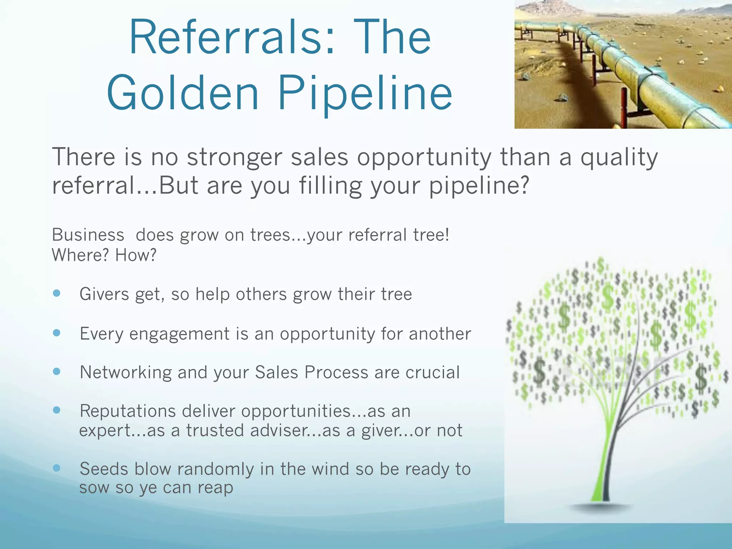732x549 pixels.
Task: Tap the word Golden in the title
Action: click(182, 93)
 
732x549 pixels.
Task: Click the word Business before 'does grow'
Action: click(88, 235)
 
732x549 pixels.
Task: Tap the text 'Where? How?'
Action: click(104, 255)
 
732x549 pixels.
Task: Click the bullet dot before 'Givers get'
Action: click(56, 293)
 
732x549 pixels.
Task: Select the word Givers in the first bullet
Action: click(104, 294)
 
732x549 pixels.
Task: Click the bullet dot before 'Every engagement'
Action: click(56, 333)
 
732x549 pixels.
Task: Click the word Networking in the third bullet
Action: click(125, 373)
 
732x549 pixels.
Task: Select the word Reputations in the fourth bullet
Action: click(128, 411)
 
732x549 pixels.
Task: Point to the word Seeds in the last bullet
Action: click(104, 469)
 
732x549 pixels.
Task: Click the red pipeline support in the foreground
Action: click(624, 107)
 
